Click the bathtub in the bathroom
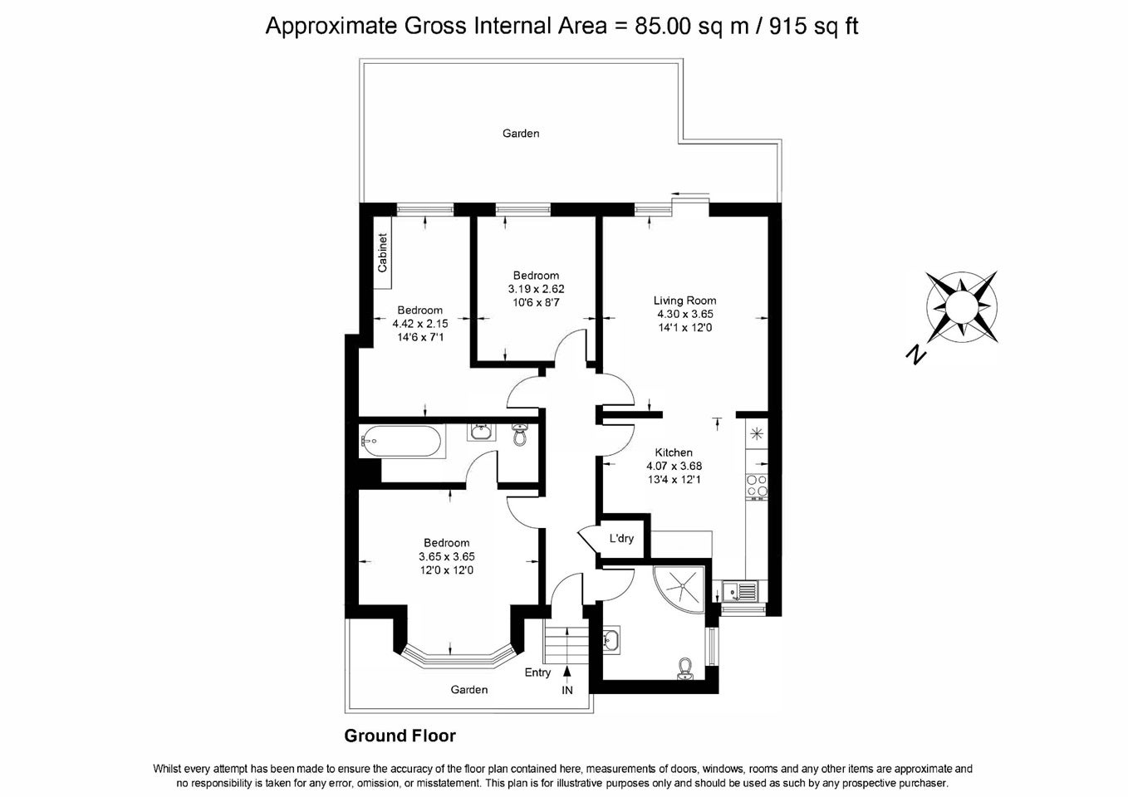[x=402, y=442]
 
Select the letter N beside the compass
[x=916, y=354]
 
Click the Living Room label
[x=684, y=301]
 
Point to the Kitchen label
[x=674, y=452]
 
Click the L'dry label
[x=621, y=538]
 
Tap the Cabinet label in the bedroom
[x=383, y=252]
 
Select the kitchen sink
[x=740, y=591]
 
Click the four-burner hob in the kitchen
[x=757, y=486]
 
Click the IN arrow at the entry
[x=567, y=671]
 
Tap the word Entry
[x=537, y=672]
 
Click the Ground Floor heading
[x=400, y=736]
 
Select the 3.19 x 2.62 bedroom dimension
[x=536, y=289]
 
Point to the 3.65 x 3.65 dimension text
[x=447, y=556]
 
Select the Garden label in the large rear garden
[x=521, y=134]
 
